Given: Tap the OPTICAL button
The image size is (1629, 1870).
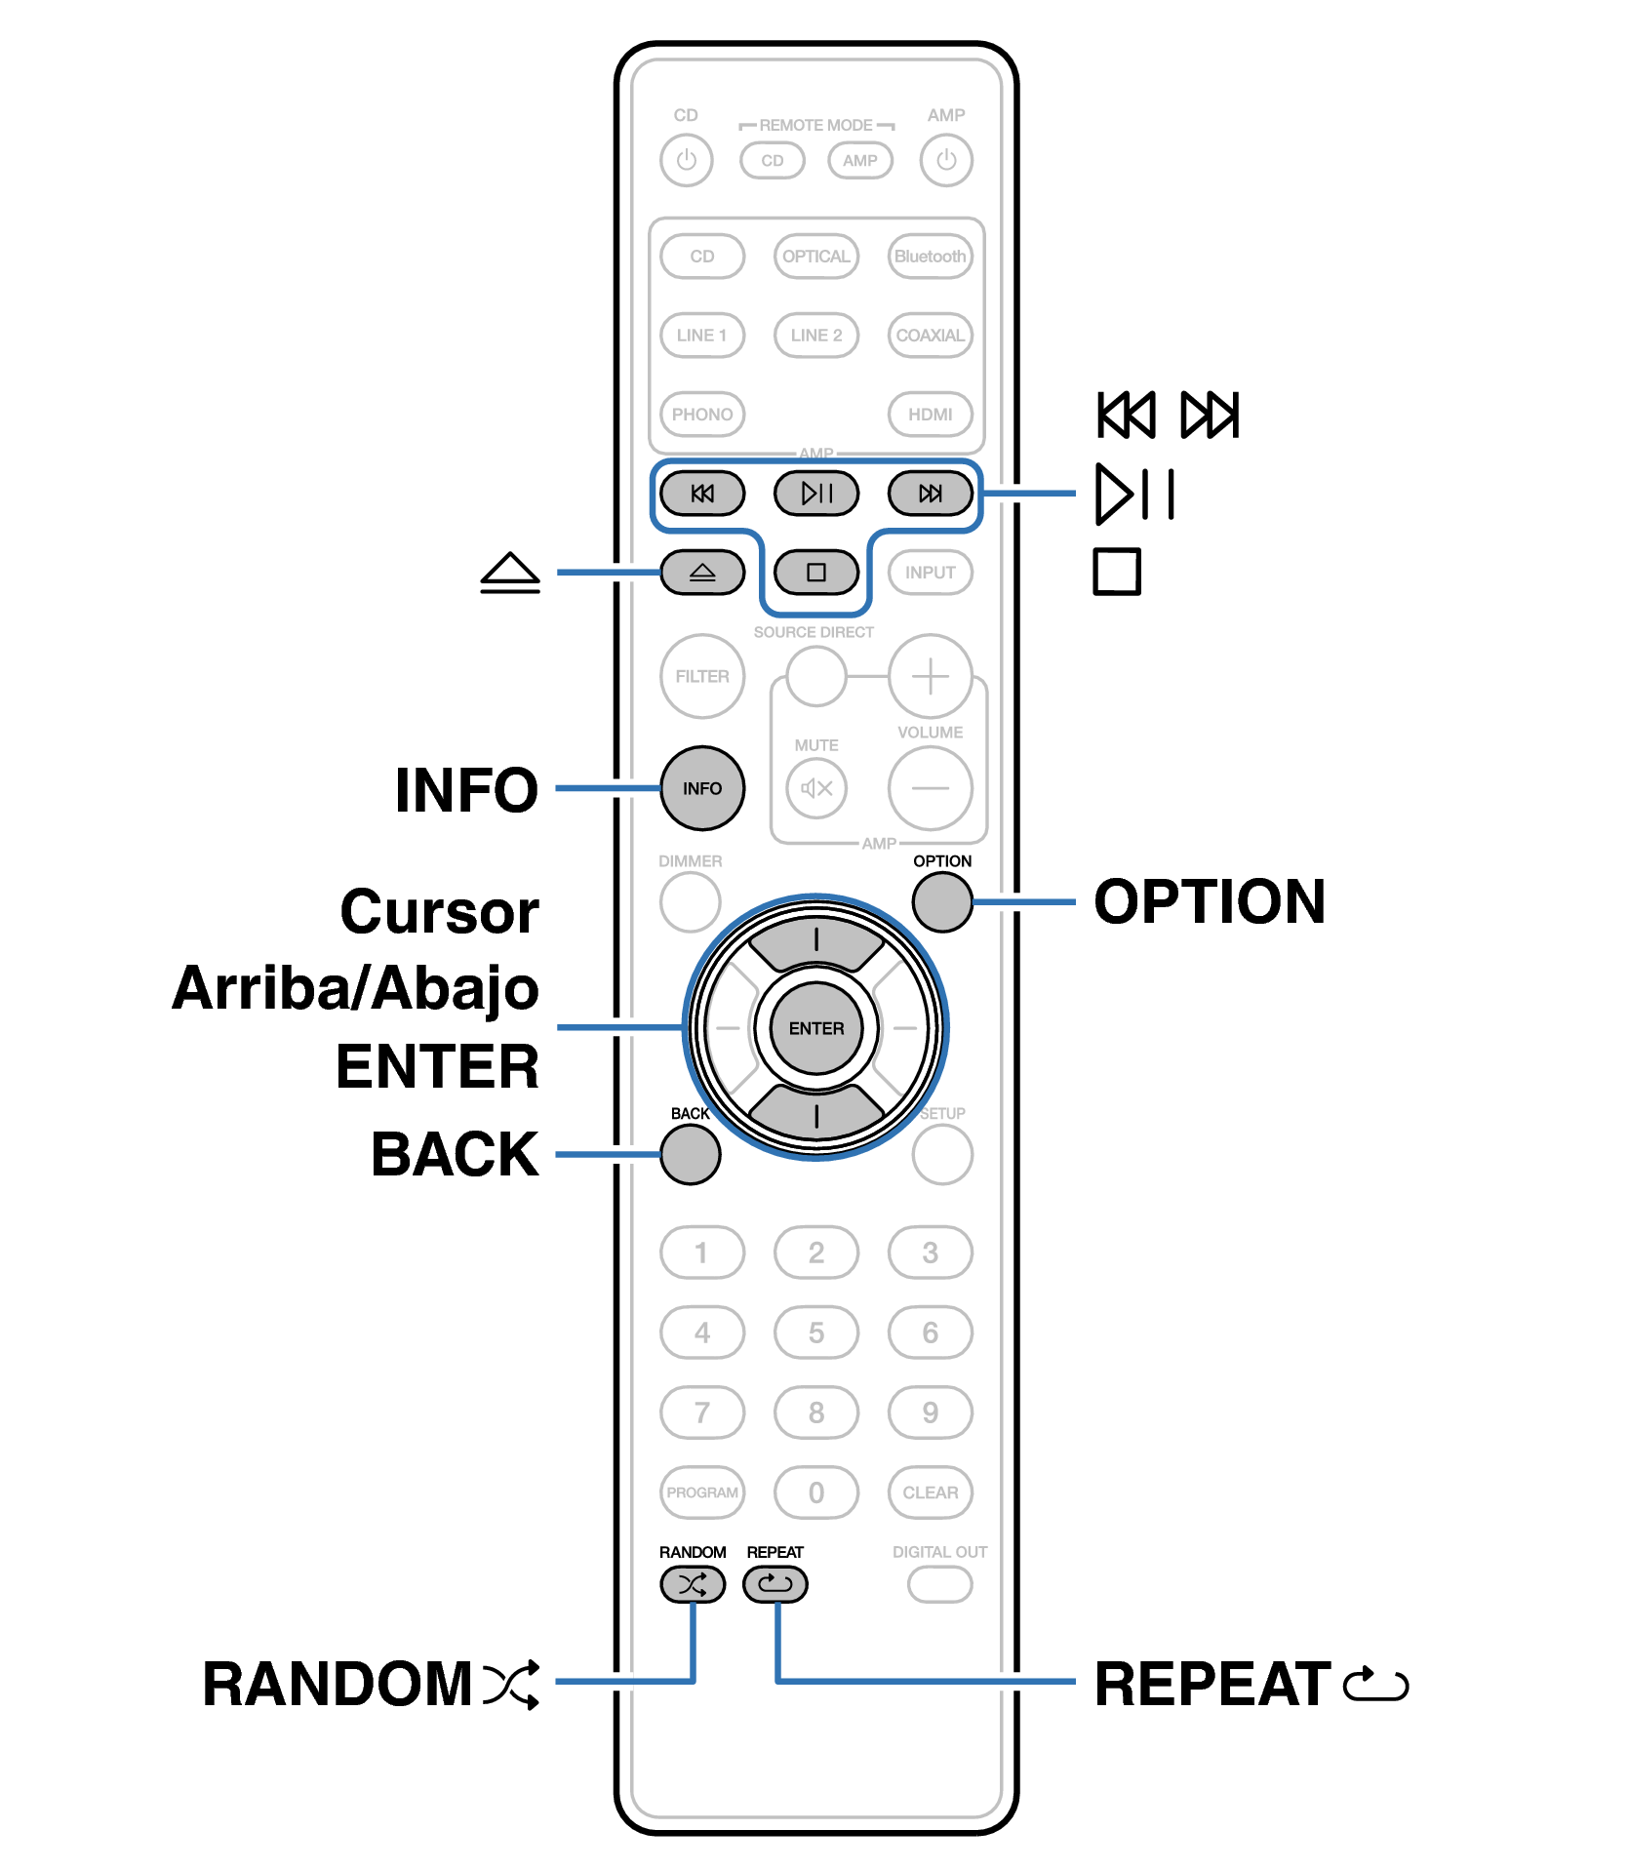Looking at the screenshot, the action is [x=815, y=257].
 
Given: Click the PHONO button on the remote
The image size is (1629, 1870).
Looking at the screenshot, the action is [x=701, y=415].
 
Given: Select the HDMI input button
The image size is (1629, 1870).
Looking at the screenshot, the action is [x=930, y=415].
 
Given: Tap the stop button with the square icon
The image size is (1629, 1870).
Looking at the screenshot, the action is [x=815, y=573].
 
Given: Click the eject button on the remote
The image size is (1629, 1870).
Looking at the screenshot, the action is [x=701, y=573].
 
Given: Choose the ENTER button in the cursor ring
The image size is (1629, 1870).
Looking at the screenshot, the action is [x=815, y=1028].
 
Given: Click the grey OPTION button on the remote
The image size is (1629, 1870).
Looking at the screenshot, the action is [x=942, y=901].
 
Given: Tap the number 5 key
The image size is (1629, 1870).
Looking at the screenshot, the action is [x=815, y=1333].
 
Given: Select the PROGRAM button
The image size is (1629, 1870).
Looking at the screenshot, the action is [x=701, y=1492].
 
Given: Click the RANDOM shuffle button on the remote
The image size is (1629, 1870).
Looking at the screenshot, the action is [x=693, y=1584].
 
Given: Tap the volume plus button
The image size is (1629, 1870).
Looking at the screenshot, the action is [x=930, y=677].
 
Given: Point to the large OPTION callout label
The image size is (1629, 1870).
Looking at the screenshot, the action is [x=1210, y=901].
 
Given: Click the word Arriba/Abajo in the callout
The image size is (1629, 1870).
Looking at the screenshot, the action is [x=356, y=989].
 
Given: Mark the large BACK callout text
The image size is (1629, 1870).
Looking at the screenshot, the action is [x=455, y=1155].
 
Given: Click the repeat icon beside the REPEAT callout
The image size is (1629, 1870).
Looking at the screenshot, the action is [x=1375, y=1684].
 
